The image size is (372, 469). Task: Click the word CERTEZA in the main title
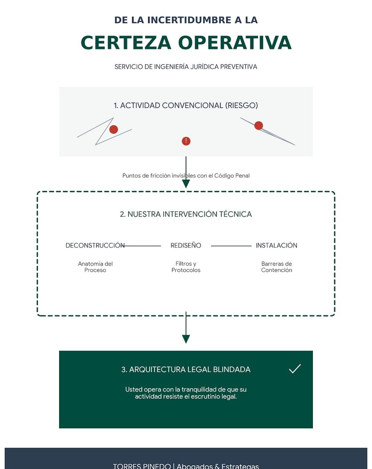(x=126, y=43)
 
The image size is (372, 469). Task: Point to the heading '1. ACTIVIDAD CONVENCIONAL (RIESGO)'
(x=186, y=105)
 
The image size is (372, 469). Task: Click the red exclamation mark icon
(x=186, y=141)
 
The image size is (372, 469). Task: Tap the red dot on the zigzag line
(x=113, y=129)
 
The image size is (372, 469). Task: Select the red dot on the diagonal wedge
(x=259, y=125)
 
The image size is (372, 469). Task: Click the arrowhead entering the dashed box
(x=186, y=184)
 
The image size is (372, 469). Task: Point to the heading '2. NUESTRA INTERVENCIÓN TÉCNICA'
(x=186, y=214)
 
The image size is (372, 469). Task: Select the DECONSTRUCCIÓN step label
(x=95, y=246)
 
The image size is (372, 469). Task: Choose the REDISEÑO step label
(x=186, y=246)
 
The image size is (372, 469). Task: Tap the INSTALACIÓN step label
(x=277, y=246)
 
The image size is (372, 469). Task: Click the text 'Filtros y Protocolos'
(x=186, y=267)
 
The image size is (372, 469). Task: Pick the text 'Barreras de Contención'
(x=277, y=267)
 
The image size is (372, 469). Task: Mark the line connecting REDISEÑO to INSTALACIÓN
(x=231, y=246)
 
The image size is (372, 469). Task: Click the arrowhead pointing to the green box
(x=186, y=339)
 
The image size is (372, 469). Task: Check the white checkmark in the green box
(x=295, y=369)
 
